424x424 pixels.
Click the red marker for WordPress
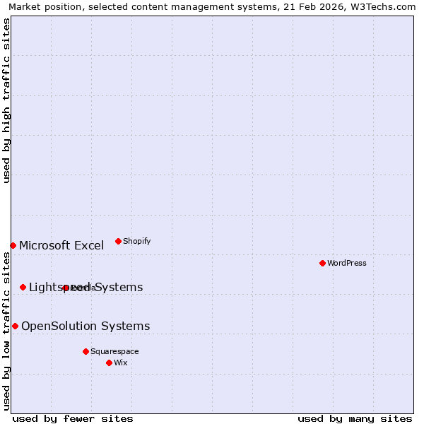point(322,263)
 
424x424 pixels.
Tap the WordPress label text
point(347,263)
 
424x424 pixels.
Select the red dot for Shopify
point(118,241)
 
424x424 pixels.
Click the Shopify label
point(137,241)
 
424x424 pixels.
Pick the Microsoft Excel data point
point(13,245)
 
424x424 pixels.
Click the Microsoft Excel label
point(61,246)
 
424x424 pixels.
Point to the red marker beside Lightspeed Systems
point(23,287)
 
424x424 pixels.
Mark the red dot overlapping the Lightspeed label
point(66,288)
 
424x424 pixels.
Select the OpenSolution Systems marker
point(15,326)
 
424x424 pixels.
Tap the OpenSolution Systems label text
point(86,326)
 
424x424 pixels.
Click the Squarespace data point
point(86,351)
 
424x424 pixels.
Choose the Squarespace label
point(114,351)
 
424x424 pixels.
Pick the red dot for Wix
point(109,363)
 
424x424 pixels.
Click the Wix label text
point(121,363)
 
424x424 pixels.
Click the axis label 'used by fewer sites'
point(73,418)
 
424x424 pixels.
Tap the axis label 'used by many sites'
point(355,418)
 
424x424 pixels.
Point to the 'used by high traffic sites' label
point(6,100)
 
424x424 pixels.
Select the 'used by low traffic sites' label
point(6,331)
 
